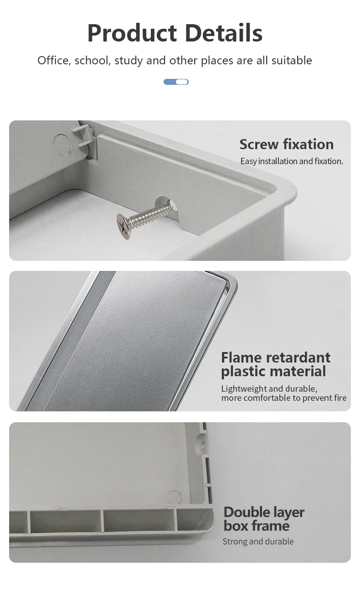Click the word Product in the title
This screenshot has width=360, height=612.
(x=132, y=33)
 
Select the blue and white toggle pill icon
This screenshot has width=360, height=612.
(x=176, y=82)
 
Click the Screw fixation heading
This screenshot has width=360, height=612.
(x=286, y=144)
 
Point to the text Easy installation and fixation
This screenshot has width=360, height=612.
(x=292, y=161)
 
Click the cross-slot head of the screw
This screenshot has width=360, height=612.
(x=123, y=226)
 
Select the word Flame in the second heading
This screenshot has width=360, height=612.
(x=241, y=357)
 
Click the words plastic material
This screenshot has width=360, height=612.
(x=273, y=371)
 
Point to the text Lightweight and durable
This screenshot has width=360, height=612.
(x=269, y=389)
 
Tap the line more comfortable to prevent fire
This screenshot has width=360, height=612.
(x=283, y=398)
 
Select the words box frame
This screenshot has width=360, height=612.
(x=256, y=526)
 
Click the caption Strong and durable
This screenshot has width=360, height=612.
(x=258, y=541)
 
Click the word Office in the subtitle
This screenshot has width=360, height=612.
(x=53, y=61)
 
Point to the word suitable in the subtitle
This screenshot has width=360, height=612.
(x=292, y=61)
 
